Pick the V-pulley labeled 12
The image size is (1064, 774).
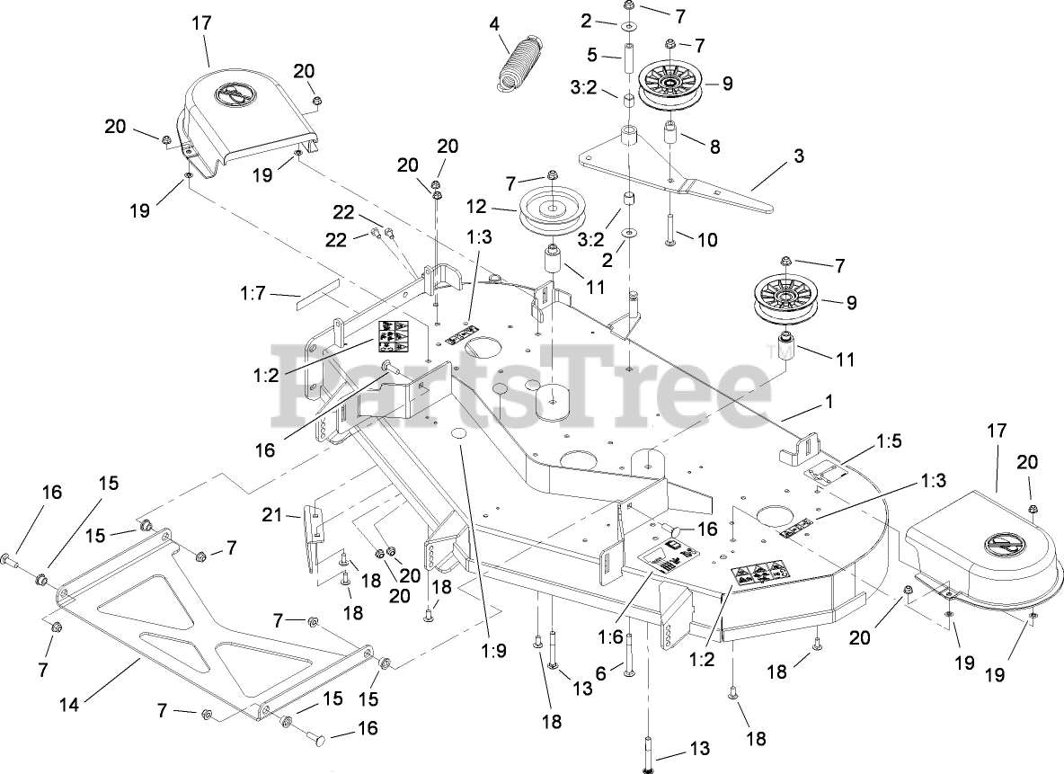click(547, 211)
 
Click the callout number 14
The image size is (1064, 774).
click(68, 707)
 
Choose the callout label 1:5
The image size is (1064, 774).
click(888, 441)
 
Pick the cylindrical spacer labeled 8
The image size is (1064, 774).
click(671, 135)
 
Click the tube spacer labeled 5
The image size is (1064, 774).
click(629, 68)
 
